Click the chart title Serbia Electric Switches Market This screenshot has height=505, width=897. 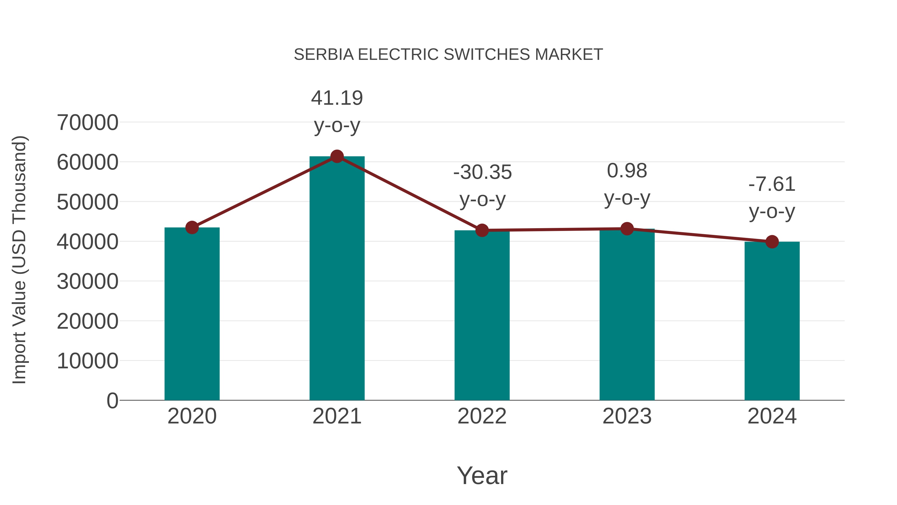(448, 55)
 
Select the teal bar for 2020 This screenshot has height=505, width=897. (192, 314)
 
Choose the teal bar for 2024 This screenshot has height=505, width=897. (772, 321)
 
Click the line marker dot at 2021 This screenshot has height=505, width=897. (337, 156)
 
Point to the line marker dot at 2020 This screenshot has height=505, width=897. (192, 228)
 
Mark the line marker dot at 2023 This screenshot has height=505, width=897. (627, 229)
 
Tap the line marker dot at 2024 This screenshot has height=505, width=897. (772, 241)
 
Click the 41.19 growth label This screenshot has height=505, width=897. (337, 98)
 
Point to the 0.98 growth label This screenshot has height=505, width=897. (627, 171)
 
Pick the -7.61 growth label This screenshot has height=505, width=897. (772, 184)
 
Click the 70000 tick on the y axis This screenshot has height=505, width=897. (87, 123)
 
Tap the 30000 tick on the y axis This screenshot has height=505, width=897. (87, 282)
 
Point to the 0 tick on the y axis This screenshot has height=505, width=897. (112, 401)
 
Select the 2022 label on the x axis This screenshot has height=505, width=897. (482, 416)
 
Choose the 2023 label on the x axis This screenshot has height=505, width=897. (627, 416)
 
